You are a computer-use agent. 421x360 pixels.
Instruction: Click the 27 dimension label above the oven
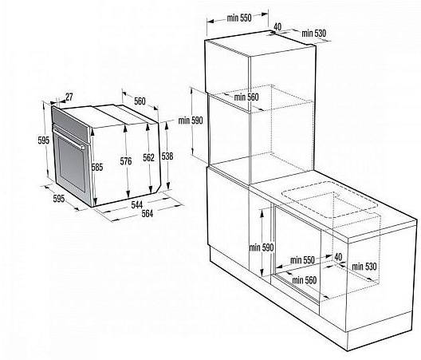(x=69, y=97)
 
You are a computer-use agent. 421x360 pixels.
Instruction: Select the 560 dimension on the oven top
(x=140, y=101)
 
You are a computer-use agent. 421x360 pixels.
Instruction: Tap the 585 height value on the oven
(x=97, y=168)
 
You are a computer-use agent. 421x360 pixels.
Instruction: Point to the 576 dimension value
(x=126, y=161)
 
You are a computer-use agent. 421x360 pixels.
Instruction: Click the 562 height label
(x=149, y=158)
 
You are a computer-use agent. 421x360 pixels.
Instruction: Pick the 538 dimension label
(x=167, y=156)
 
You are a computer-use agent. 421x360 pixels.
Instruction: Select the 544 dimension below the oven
(x=137, y=204)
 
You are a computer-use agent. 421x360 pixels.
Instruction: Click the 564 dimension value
(x=148, y=213)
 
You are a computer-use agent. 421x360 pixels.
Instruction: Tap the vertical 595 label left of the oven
(x=44, y=140)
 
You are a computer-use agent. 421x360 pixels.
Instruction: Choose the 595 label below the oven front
(x=59, y=199)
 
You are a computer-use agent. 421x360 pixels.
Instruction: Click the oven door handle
(x=69, y=139)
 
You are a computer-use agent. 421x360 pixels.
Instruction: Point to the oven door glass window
(x=72, y=165)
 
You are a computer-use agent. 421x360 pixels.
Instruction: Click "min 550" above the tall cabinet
(x=239, y=18)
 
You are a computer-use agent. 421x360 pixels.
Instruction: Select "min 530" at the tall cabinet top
(x=314, y=34)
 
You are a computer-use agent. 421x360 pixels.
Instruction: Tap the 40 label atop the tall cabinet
(x=277, y=26)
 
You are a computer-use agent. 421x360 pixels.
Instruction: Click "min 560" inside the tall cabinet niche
(x=246, y=97)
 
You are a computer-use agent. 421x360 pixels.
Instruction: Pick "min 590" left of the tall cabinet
(x=191, y=121)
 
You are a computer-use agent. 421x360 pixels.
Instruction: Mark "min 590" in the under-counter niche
(x=262, y=247)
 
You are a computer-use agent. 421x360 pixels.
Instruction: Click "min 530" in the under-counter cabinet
(x=364, y=267)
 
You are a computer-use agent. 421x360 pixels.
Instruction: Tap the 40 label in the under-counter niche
(x=338, y=256)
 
